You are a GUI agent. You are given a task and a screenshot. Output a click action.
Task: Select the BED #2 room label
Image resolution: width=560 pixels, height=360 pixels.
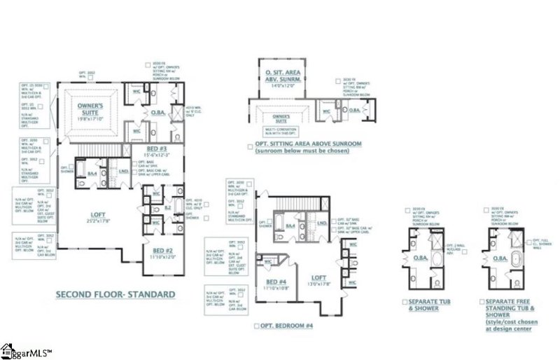[x=161, y=254]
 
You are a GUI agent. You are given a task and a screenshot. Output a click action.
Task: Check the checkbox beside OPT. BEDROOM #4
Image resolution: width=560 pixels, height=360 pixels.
[x=258, y=326]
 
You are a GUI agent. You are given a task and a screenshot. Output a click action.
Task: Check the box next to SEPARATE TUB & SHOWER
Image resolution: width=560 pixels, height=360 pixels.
[x=405, y=302]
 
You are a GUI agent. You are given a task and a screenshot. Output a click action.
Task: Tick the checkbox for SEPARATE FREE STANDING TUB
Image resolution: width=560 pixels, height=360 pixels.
[x=484, y=302]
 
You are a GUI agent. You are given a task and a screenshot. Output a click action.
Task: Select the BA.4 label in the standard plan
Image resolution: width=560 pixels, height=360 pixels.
[x=92, y=172]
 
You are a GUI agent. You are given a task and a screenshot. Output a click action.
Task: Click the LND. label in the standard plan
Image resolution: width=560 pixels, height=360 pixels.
[x=123, y=170]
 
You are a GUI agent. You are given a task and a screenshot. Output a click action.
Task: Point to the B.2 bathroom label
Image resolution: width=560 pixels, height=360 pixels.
[x=167, y=207]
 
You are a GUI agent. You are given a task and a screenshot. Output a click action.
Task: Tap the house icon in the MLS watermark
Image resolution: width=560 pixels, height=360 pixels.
[x=8, y=349]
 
